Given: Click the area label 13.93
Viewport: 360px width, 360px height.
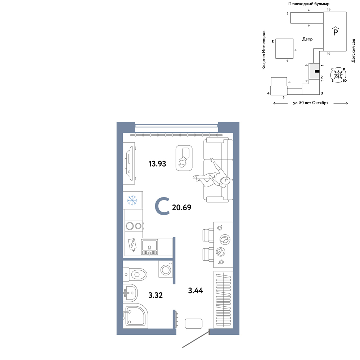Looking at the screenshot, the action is click(157, 164).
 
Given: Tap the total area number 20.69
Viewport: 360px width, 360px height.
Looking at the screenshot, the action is click(181, 207).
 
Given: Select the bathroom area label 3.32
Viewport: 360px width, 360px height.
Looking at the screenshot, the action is click(156, 295).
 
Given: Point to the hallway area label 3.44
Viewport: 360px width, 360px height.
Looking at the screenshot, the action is click(195, 291).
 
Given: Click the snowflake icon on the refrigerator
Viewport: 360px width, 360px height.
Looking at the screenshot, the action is click(132, 200).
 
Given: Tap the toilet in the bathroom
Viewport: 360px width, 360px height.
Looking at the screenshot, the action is click(135, 274).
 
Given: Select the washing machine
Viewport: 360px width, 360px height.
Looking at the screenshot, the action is click(166, 270).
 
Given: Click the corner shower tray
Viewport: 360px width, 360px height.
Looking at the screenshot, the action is click(135, 316).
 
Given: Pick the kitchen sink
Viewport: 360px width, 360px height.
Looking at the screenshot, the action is click(149, 247).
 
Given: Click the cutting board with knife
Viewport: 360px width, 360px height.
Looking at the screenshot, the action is click(132, 245).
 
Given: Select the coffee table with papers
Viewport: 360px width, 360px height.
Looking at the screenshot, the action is click(184, 158).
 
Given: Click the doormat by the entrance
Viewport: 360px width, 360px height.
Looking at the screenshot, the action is click(194, 324).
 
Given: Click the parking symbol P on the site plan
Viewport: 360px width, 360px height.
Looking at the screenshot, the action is click(336, 31).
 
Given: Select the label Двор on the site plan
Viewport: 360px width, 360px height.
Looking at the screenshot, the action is click(307, 39).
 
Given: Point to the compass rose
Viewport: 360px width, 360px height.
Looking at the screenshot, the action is click(338, 75).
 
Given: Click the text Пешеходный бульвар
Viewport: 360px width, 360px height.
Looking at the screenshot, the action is click(309, 4).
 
